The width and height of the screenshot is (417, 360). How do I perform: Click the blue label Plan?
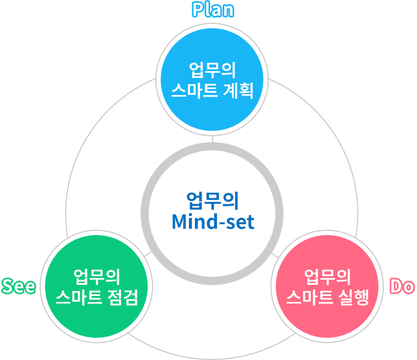click(213, 9)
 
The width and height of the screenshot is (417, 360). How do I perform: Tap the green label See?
click(18, 286)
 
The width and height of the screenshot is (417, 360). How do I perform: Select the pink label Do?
click(402, 286)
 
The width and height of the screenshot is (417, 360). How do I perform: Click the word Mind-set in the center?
click(213, 222)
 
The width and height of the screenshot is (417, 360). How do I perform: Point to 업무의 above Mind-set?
click(213, 200)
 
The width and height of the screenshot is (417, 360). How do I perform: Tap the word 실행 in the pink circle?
click(353, 297)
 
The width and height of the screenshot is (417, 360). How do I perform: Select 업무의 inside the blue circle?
click(212, 70)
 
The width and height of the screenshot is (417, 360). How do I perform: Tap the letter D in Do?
click(396, 286)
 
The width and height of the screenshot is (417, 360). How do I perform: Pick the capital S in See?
click(8, 286)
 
